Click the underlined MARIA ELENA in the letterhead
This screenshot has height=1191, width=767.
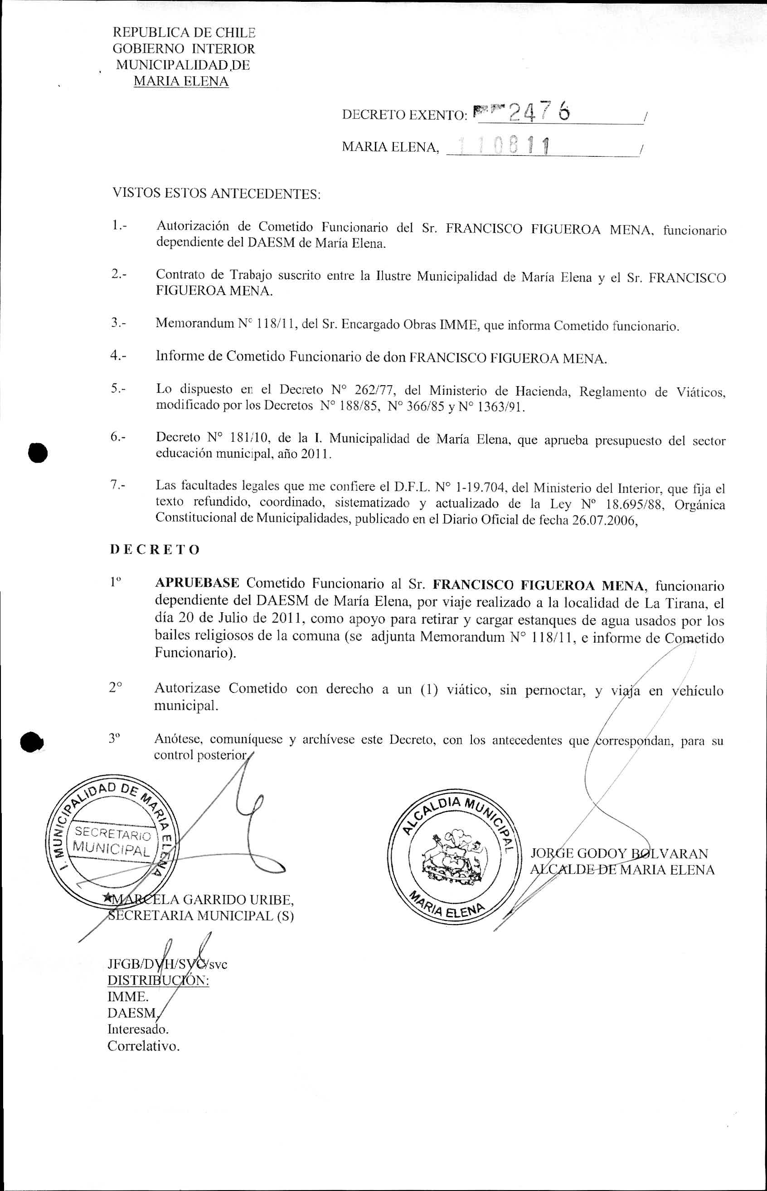coord(181,81)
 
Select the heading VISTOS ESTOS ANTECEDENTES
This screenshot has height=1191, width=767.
coord(217,193)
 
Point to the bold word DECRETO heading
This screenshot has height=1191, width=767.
coord(155,550)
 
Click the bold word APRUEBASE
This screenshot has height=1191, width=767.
coord(197,583)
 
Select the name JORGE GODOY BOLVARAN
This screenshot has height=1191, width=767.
coord(619,853)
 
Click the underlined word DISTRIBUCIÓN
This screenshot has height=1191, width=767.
coord(158,980)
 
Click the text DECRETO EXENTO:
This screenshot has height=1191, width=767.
coord(404,115)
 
